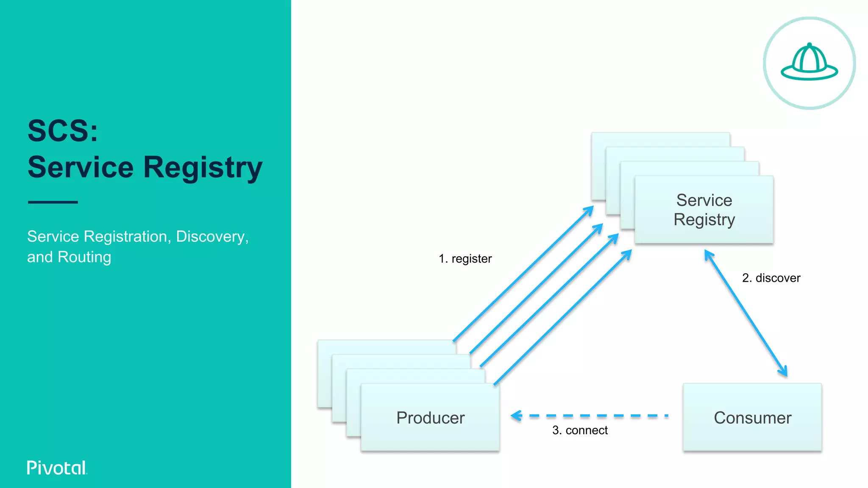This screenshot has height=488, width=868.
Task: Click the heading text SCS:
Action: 63,130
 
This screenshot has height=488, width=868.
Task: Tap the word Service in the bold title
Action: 81,167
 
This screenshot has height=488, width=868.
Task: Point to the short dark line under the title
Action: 53,202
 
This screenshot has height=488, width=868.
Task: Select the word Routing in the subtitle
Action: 84,257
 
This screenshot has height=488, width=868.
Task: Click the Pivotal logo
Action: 57,468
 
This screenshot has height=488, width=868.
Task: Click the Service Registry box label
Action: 704,210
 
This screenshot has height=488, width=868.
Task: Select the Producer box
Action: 430,418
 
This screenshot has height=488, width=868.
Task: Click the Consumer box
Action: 752,418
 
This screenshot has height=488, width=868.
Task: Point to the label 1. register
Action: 465,259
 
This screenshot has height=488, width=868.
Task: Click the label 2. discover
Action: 771,278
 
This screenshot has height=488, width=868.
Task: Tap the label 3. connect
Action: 580,430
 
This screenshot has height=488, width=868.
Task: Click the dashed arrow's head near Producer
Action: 516,416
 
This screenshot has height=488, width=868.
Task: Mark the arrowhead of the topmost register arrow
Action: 590,209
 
